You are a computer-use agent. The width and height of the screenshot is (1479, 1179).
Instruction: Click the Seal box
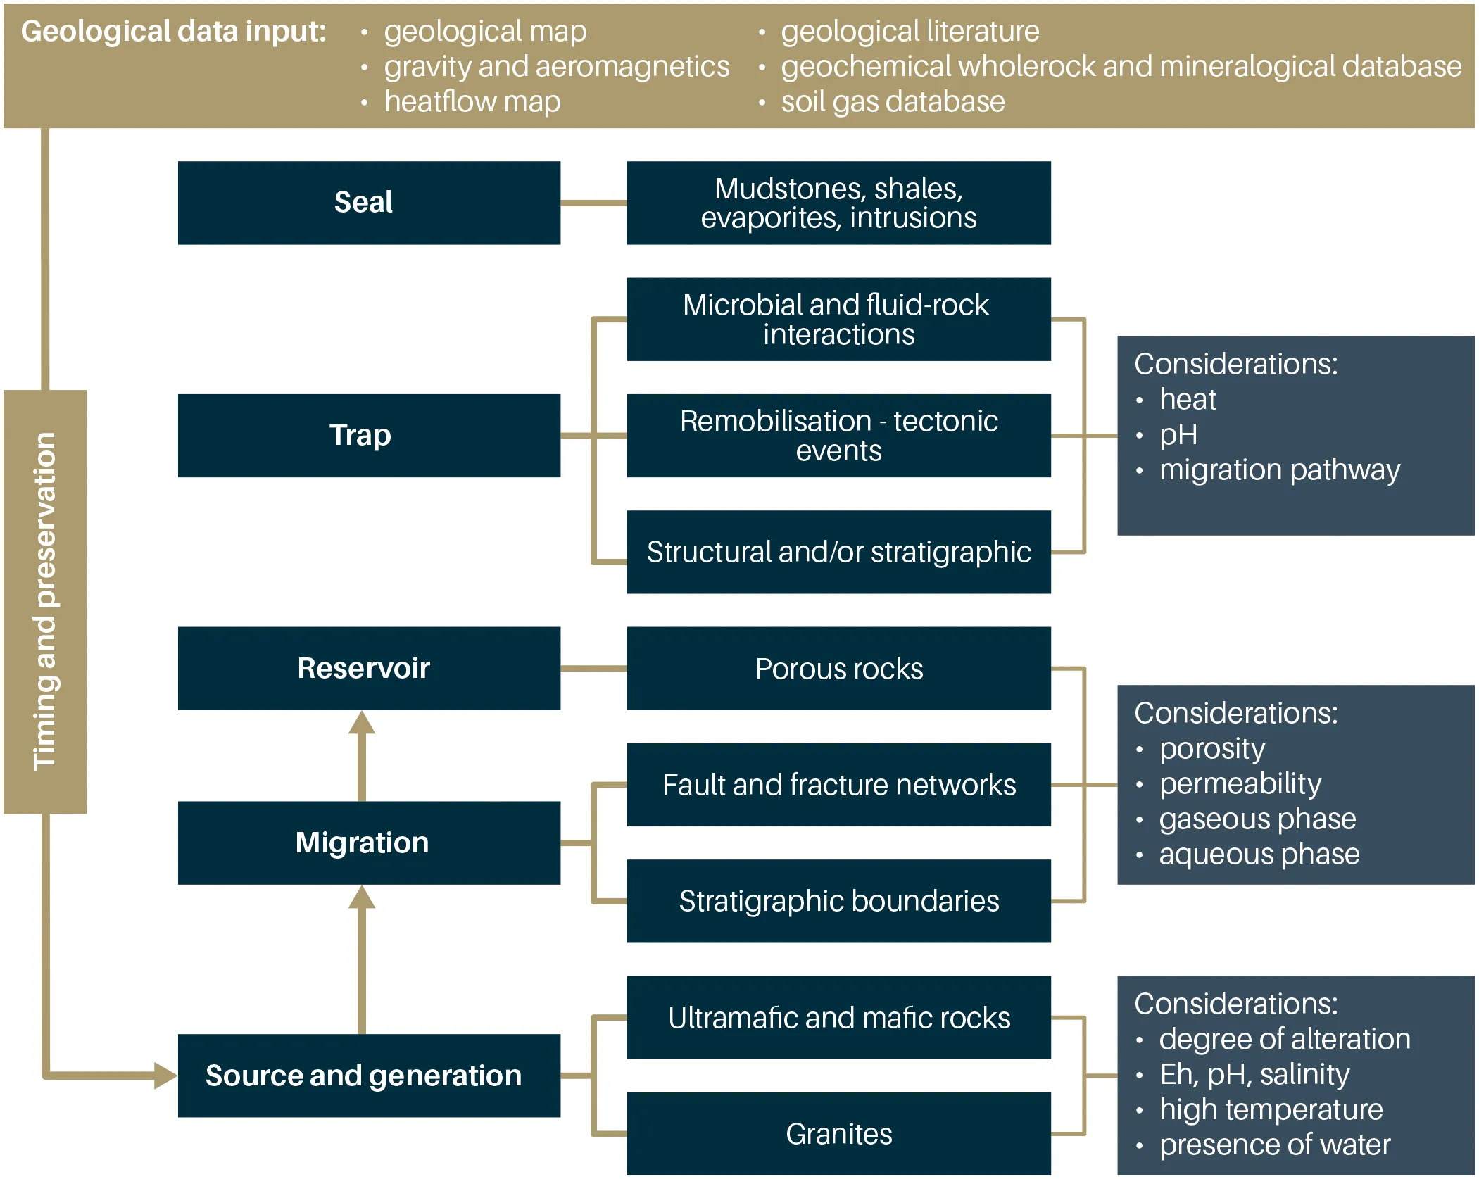coord(369,203)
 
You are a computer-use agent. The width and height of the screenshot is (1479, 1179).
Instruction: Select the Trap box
coord(369,435)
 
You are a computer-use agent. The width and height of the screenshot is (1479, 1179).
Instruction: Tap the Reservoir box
coord(369,668)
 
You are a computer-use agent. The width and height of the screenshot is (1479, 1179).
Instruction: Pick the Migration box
coord(369,843)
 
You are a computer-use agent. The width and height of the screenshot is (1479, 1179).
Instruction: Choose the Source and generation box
coord(369,1075)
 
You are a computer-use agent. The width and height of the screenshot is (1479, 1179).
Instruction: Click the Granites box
coord(838,1133)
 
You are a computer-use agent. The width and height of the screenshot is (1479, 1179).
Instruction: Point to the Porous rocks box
coord(838,668)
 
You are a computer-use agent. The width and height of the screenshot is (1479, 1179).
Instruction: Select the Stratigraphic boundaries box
coord(838,900)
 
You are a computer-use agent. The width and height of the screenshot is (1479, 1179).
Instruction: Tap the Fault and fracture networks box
coord(838,784)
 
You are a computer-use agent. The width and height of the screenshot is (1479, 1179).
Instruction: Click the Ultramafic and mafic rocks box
coord(838,1017)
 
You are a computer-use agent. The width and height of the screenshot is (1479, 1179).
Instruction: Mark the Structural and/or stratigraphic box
coord(838,552)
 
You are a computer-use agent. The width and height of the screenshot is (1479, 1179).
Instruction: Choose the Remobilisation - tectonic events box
coord(838,435)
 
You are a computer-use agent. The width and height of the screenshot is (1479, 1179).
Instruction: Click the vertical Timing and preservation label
coord(45,601)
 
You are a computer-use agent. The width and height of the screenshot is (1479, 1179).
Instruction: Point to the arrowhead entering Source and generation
coord(165,1075)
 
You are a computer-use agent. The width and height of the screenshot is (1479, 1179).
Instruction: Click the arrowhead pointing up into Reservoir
coord(362,723)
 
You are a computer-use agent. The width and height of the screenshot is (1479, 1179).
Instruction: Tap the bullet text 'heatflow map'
coord(472,102)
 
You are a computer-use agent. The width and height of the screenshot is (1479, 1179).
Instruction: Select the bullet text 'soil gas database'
coord(893,102)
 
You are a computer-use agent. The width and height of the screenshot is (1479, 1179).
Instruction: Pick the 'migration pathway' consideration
coord(1279,469)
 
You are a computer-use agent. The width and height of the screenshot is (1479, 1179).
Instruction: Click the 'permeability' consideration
coord(1240,783)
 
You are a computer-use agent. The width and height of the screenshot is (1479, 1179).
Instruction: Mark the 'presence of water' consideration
coord(1275,1145)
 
